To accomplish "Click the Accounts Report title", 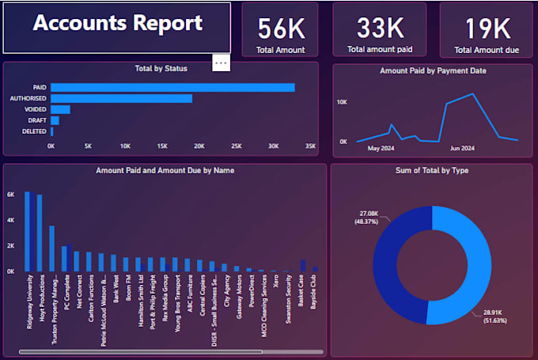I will pyautogui.click(x=117, y=24).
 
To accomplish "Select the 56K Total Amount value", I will pyautogui.click(x=280, y=28).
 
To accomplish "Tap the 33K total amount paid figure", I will pyautogui.click(x=379, y=28).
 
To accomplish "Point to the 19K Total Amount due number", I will pyautogui.click(x=487, y=28).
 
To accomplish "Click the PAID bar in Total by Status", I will pyautogui.click(x=173, y=87).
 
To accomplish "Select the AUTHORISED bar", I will pyautogui.click(x=123, y=98).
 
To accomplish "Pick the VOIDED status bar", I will pyautogui.click(x=61, y=109).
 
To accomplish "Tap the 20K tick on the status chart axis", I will pyautogui.click(x=199, y=146).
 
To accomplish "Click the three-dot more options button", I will pyautogui.click(x=221, y=62).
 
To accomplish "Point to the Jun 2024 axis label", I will pyautogui.click(x=462, y=148).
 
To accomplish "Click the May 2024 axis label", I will pyautogui.click(x=381, y=148).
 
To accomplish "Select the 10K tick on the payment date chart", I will pyautogui.click(x=343, y=103).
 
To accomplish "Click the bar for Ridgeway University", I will pyautogui.click(x=27, y=231).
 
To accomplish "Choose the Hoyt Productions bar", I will pyautogui.click(x=40, y=233).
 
